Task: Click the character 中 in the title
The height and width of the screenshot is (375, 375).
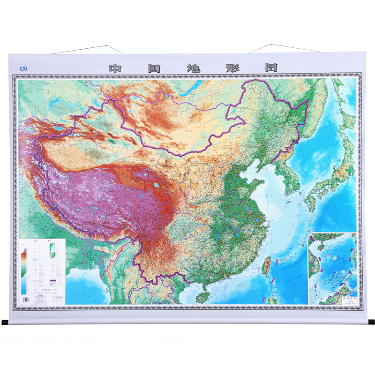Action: tap(116, 67)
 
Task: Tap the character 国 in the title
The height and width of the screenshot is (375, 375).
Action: tap(154, 67)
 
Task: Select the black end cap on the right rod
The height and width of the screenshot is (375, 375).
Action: tap(371, 322)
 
